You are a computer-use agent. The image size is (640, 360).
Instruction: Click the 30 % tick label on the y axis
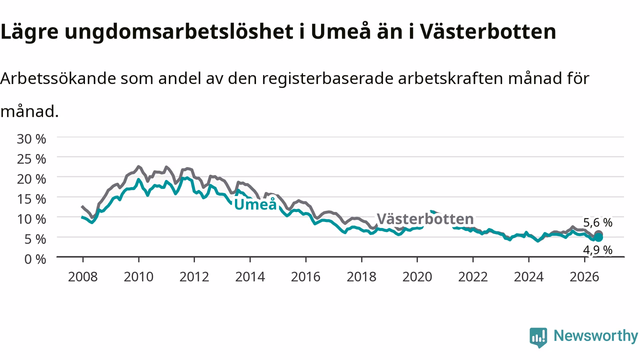31,139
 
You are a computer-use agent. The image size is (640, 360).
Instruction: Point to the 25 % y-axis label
31,159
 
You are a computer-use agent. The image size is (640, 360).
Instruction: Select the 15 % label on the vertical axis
31,199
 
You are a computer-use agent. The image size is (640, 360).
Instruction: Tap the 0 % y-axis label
35,259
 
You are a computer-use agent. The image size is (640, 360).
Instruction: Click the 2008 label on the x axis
83,277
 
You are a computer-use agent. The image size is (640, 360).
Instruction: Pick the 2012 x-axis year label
194,277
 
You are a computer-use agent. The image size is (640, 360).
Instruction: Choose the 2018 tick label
361,277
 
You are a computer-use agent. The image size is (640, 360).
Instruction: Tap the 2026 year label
584,277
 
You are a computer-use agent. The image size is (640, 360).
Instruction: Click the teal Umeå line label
255,204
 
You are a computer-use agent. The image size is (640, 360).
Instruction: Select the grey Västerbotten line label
425,219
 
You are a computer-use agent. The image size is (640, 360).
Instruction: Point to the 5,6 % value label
597,222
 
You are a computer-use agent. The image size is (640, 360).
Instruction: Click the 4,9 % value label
597,250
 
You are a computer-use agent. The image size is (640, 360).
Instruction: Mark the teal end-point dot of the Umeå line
598,237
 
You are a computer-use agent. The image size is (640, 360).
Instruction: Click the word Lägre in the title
29,32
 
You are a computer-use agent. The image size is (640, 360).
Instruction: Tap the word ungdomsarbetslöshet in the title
179,32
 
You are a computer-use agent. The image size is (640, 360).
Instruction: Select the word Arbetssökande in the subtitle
58,78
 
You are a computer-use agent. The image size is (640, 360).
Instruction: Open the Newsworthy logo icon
538,337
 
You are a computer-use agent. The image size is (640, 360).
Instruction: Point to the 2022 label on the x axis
473,277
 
